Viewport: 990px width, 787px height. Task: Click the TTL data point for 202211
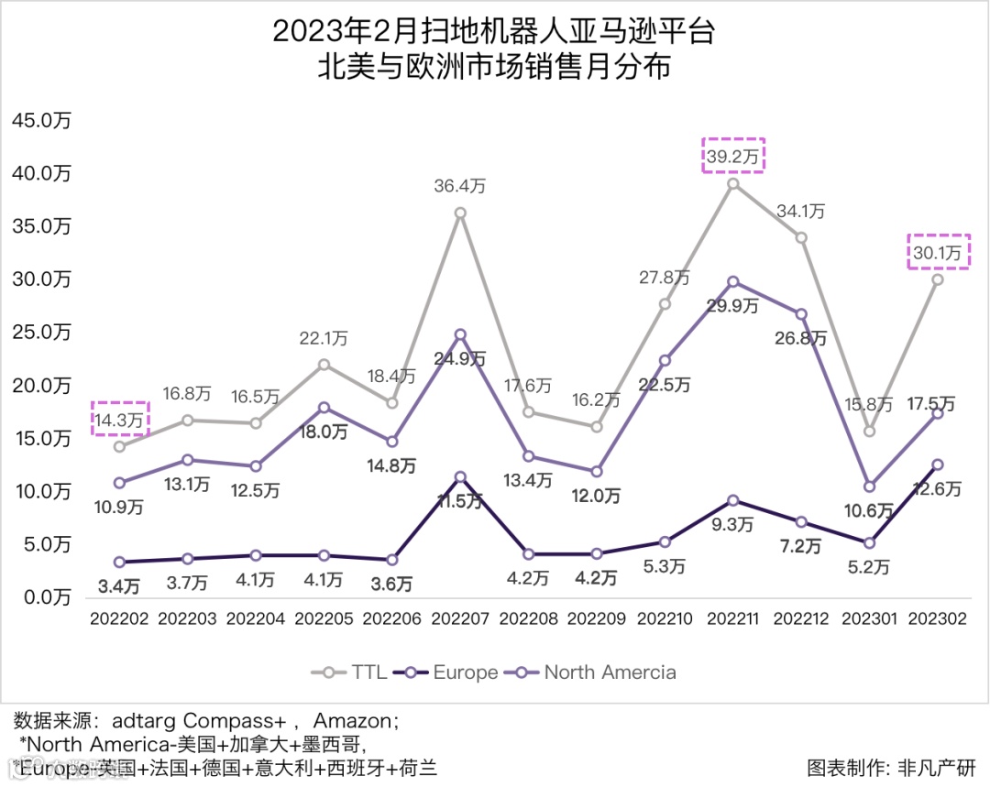(x=732, y=183)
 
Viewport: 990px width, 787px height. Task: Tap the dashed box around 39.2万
(x=733, y=156)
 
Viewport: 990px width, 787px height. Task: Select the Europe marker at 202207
(x=460, y=476)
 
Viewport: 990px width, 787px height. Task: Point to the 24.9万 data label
(x=460, y=359)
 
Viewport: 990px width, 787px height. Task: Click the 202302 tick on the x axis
(x=938, y=619)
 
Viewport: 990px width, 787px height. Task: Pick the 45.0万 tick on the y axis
(x=40, y=121)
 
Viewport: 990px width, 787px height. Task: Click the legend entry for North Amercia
(x=596, y=672)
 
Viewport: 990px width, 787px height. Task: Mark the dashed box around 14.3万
(x=120, y=419)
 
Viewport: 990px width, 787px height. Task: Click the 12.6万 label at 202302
(x=937, y=490)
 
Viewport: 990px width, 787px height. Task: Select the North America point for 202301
(x=870, y=486)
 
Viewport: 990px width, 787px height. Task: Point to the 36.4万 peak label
(x=460, y=186)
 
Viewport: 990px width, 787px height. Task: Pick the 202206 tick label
(x=392, y=619)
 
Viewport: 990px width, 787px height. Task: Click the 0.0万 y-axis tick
(x=40, y=597)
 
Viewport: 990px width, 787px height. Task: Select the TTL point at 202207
(x=460, y=213)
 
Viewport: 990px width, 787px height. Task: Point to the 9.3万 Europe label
(x=733, y=525)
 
